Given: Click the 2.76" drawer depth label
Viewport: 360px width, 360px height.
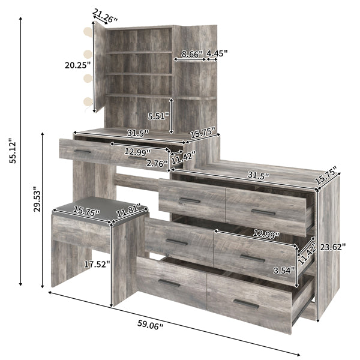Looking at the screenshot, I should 158,161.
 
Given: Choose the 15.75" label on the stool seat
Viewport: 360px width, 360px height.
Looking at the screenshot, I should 86,211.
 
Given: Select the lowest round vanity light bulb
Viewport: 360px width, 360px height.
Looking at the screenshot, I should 89,103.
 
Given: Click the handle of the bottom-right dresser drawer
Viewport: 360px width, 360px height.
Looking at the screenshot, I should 246,304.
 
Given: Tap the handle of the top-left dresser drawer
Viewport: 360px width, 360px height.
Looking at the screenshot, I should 190,200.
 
